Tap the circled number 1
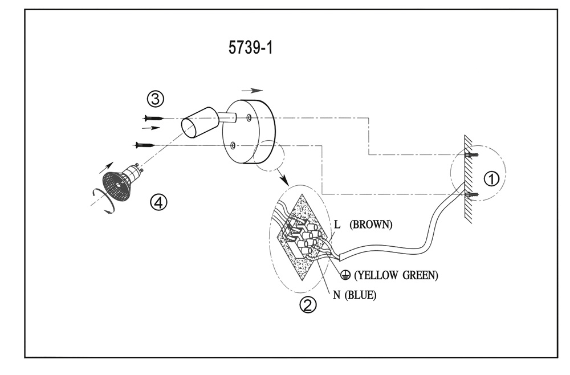[491, 178]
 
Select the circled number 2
[308, 305]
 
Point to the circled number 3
[155, 99]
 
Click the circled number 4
[158, 201]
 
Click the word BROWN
[372, 224]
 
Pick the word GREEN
[420, 275]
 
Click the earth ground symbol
[344, 275]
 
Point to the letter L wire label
[337, 225]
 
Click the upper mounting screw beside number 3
[153, 118]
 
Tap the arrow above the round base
[252, 90]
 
